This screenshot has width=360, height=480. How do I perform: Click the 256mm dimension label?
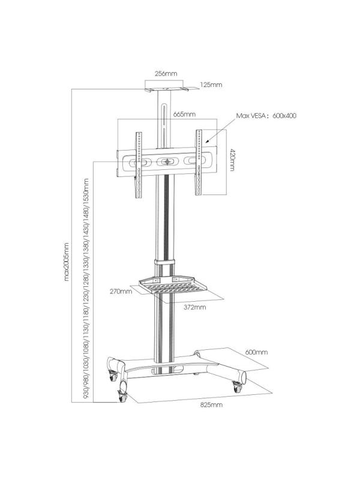pyautogui.click(x=166, y=73)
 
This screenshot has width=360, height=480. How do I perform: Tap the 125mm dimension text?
pyautogui.click(x=211, y=85)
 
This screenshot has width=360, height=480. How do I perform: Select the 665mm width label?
pyautogui.click(x=184, y=115)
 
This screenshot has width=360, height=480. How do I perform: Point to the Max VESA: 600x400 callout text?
pyautogui.click(x=266, y=116)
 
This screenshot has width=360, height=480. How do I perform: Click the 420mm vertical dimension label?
pyautogui.click(x=232, y=160)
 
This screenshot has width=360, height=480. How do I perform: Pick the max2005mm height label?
pyautogui.click(x=67, y=262)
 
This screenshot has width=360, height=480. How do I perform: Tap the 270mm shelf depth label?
pyautogui.click(x=121, y=291)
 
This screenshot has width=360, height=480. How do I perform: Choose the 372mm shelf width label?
pyautogui.click(x=194, y=307)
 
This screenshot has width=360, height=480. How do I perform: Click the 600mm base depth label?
pyautogui.click(x=256, y=352)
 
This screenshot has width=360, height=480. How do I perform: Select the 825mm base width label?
pyautogui.click(x=211, y=404)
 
